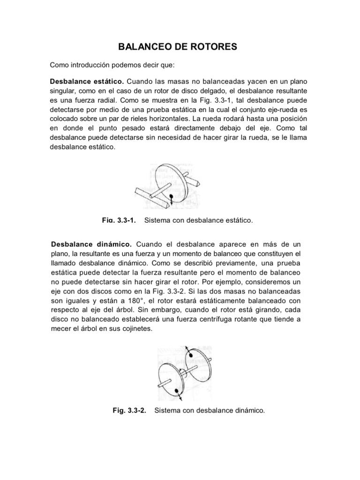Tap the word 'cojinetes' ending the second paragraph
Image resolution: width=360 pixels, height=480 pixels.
pyautogui.click(x=137, y=329)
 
